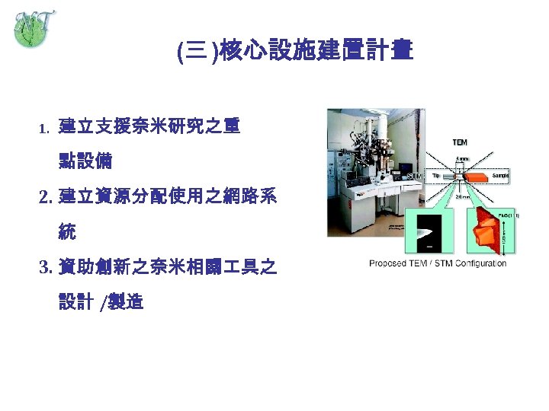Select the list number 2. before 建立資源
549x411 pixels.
click(x=45, y=198)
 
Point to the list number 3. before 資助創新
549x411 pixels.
click(x=45, y=268)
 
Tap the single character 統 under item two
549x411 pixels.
click(x=68, y=232)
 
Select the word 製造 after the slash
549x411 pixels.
click(x=127, y=303)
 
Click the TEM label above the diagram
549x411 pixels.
click(x=461, y=142)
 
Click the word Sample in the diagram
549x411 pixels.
click(x=500, y=174)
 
